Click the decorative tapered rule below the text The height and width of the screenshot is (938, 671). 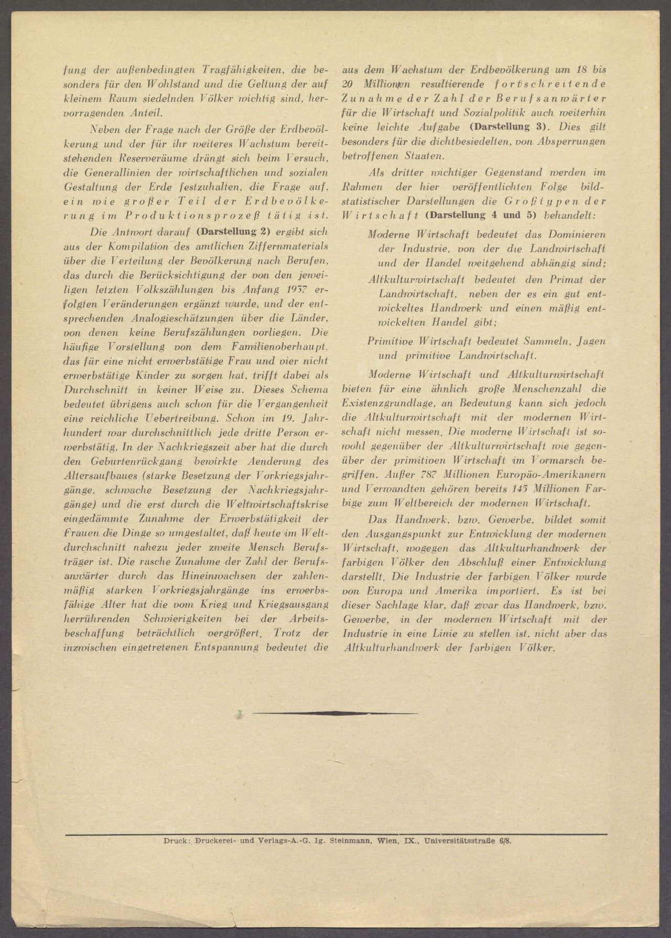tap(335, 713)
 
